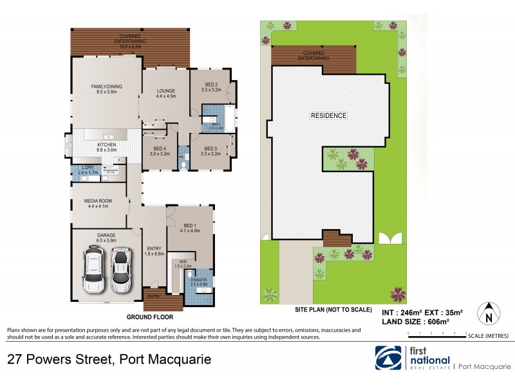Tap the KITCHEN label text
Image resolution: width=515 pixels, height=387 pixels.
point(106,144)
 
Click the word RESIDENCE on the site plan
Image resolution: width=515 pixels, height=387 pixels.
point(329,116)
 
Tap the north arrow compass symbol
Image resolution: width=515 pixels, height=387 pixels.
point(488,314)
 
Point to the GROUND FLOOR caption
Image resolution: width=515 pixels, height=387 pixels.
point(149,317)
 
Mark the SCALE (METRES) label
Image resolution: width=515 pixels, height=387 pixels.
point(489,336)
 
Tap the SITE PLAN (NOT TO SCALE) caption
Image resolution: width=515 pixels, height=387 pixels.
point(333,310)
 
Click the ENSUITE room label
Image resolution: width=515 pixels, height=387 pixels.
point(199,279)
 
